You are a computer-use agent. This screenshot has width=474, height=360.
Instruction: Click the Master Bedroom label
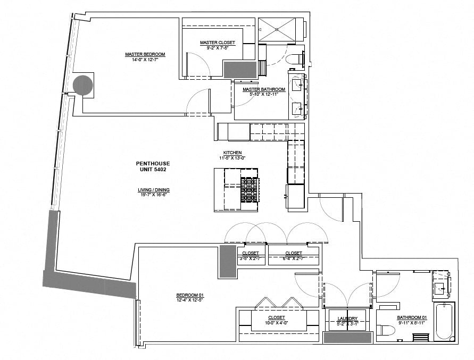click(x=145, y=54)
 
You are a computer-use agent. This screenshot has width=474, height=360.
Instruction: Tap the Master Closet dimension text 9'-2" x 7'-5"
click(x=217, y=47)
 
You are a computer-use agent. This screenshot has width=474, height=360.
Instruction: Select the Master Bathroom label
click(x=263, y=89)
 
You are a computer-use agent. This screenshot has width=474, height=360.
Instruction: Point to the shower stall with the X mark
click(x=276, y=29)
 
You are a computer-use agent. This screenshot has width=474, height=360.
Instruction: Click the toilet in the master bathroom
click(x=294, y=58)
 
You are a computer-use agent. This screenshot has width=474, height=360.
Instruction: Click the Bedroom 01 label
click(x=190, y=296)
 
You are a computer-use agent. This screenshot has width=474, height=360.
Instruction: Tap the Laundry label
click(x=347, y=319)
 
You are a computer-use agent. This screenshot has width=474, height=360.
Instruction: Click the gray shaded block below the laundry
click(x=347, y=337)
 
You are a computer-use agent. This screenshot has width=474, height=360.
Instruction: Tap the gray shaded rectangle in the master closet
click(x=240, y=70)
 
